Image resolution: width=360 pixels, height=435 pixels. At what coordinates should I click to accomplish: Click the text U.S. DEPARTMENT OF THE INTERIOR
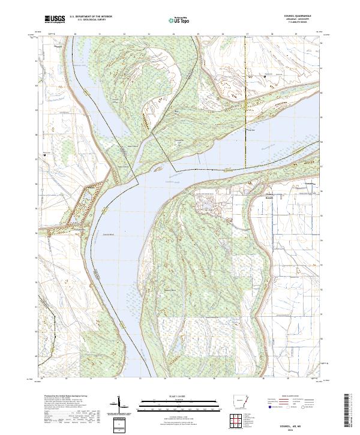pyautogui.click(x=91, y=17)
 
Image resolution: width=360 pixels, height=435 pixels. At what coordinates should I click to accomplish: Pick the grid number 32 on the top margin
pyautogui.click(x=124, y=34)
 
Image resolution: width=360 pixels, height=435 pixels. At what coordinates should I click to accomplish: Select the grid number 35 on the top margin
pyautogui.click(x=198, y=34)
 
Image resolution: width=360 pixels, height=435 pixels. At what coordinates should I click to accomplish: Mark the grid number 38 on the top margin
pyautogui.click(x=272, y=34)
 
